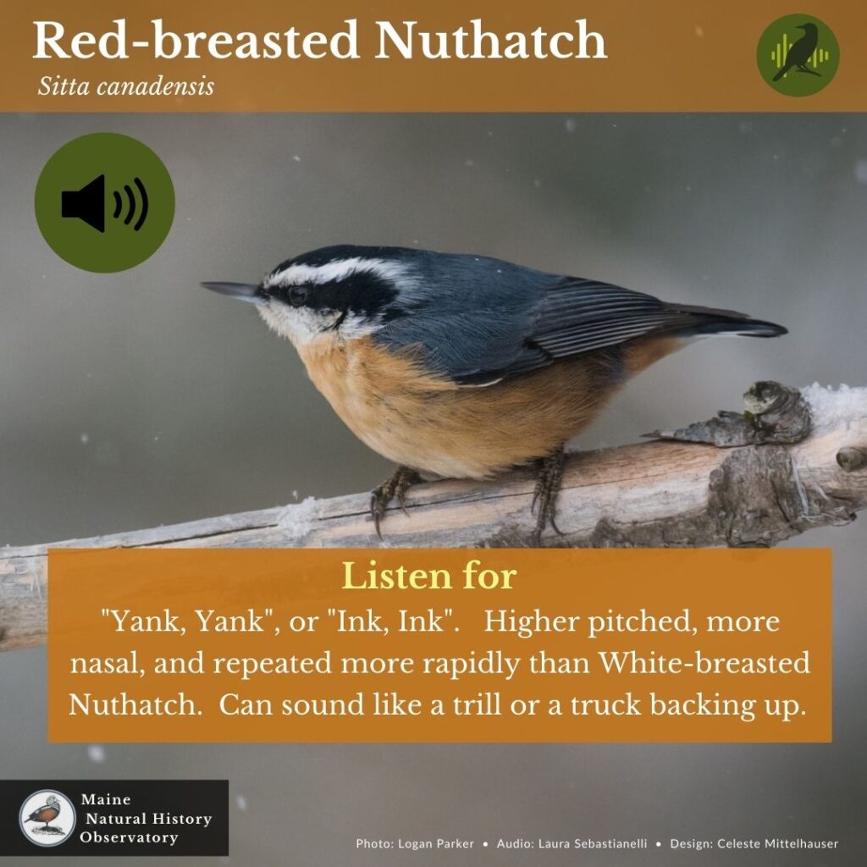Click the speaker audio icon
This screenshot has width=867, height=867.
pos(104,203)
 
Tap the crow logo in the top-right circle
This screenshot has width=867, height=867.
pos(798,54)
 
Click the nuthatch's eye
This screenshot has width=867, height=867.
pos(298,295)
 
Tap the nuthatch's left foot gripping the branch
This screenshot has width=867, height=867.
pos(390,491)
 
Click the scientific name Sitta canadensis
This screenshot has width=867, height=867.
pos(125,86)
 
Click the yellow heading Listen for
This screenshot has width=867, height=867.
pos(428,576)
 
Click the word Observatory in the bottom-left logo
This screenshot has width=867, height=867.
pos(130,837)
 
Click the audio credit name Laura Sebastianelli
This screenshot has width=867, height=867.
pos(591,843)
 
